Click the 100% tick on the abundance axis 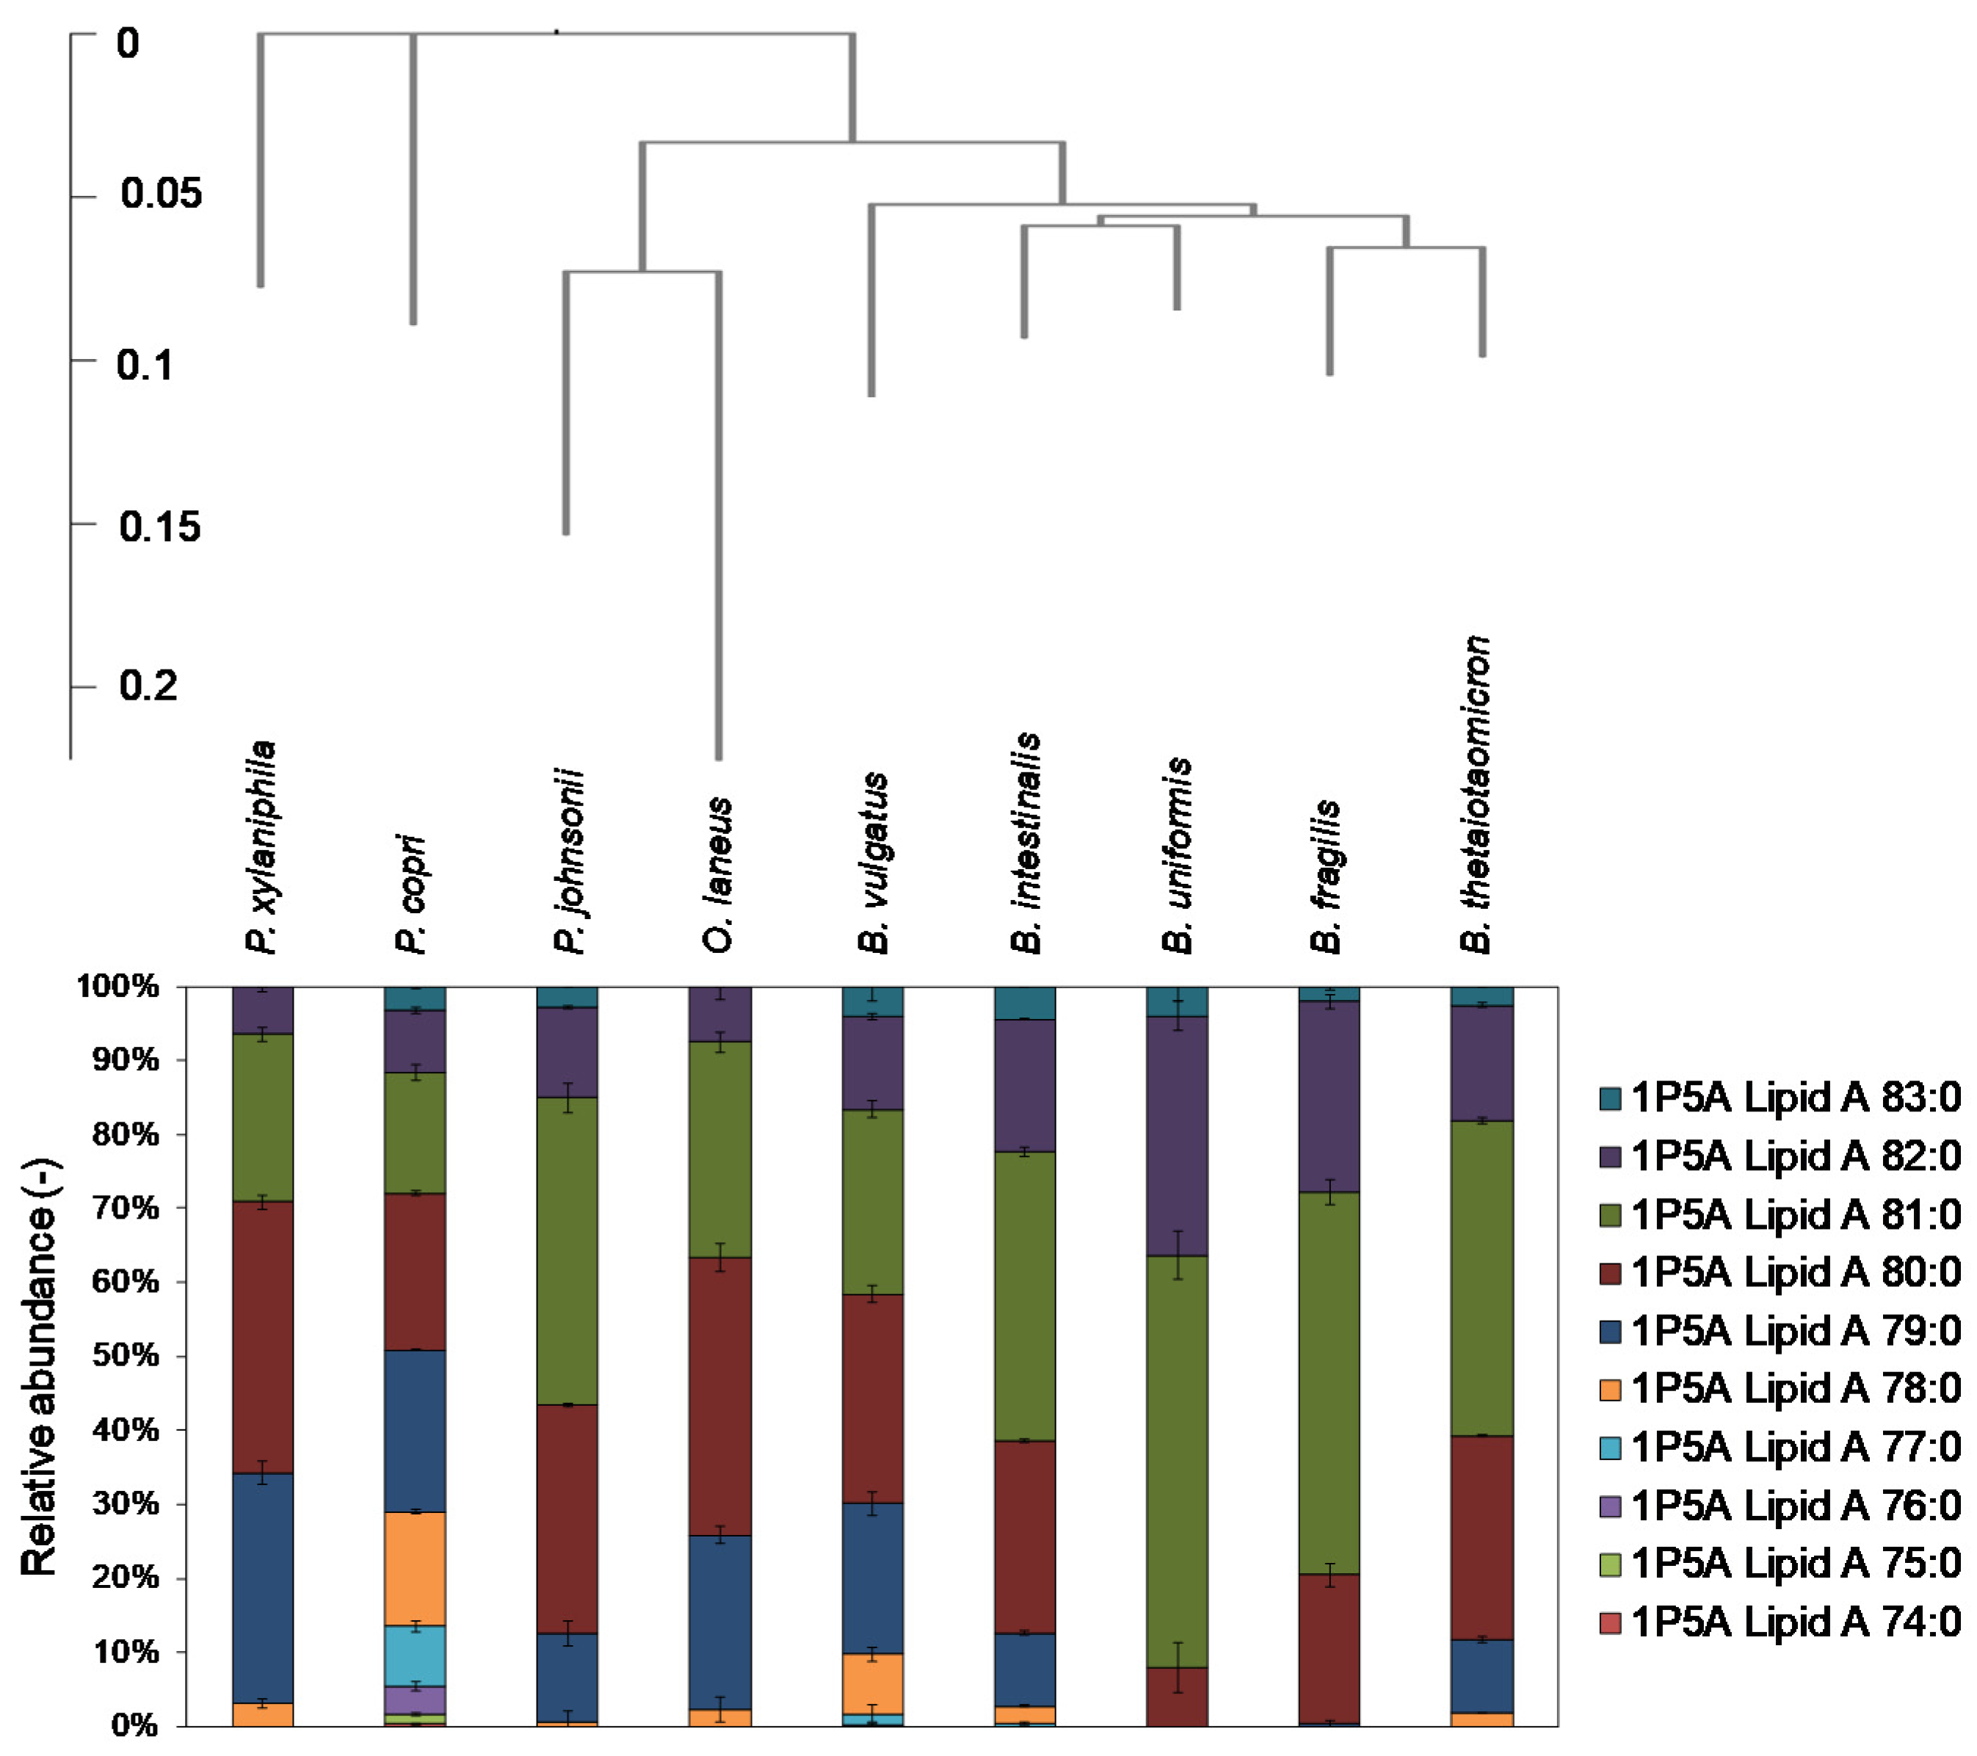[118, 987]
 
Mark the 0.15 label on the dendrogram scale [159, 527]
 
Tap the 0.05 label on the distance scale [161, 193]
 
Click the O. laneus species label [718, 875]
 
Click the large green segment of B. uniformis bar [1177, 1460]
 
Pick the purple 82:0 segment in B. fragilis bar [1329, 1095]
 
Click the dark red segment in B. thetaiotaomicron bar [1481, 1537]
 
